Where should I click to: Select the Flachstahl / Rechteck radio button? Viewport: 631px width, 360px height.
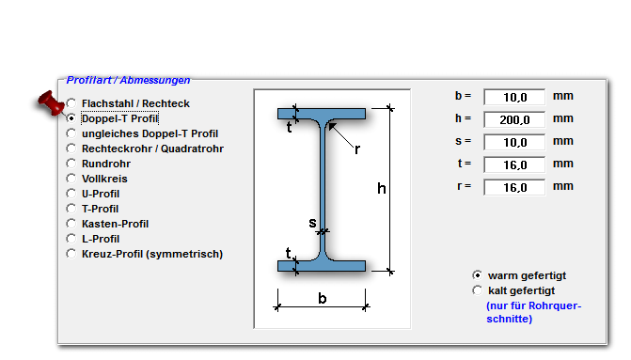coord(71,103)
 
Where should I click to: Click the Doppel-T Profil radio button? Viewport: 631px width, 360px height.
coord(71,118)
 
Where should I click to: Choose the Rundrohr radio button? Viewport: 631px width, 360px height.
coord(71,164)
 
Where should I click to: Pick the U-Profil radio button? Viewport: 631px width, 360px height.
coord(71,194)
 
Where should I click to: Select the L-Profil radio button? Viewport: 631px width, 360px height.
coord(71,239)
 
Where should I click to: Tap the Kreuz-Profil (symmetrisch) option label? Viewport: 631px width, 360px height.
coord(152,254)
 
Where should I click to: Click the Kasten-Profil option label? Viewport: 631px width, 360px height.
coord(115,224)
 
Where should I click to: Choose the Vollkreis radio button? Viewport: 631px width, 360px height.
coord(71,179)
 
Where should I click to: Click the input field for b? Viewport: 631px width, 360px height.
coord(514,97)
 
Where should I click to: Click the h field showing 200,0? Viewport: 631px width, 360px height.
coord(514,119)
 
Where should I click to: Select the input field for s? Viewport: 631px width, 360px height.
coord(514,142)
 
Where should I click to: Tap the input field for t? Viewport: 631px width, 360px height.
coord(514,164)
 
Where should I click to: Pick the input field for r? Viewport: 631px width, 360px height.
coord(514,187)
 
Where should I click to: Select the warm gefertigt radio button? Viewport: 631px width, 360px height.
coord(478,275)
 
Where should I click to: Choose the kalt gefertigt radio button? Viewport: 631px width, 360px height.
coord(478,290)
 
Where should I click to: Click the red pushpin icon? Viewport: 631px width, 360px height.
coord(51,103)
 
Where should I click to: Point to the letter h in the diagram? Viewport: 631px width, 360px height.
coord(382,188)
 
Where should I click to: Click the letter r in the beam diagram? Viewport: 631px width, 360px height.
coord(357,149)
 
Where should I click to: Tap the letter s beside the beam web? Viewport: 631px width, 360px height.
coord(312,223)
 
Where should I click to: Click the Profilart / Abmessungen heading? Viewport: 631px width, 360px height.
coord(128,80)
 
